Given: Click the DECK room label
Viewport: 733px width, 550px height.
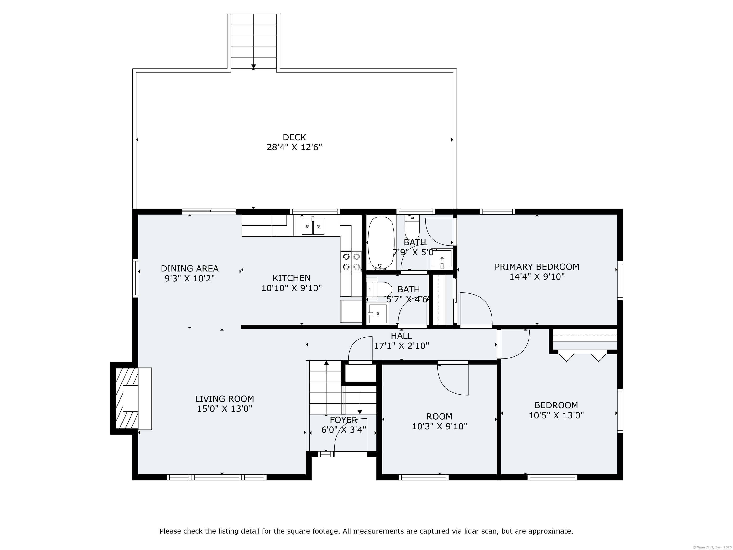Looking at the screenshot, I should pos(294,137).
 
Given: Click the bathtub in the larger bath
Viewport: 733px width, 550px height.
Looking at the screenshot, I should pos(381,243).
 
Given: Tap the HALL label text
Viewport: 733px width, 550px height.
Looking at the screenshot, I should pos(401,336).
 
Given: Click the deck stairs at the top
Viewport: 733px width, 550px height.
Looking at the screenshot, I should pos(253,42).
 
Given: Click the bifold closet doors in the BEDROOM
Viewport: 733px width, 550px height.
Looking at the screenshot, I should pos(582,355).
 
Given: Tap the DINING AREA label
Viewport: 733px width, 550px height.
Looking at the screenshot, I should pos(189,269).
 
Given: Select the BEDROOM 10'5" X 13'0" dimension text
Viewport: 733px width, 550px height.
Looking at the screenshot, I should pos(556,415).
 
